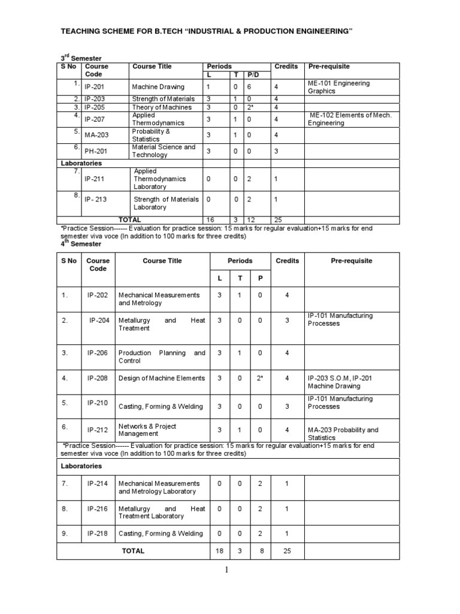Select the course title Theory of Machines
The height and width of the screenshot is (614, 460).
[162, 107]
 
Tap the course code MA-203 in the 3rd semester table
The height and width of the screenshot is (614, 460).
[96, 136]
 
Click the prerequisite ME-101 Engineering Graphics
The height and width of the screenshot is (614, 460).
[338, 88]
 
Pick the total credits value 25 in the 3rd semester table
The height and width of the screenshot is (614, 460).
[279, 220]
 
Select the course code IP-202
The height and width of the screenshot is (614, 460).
[98, 296]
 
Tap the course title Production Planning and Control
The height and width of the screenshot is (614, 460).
[162, 357]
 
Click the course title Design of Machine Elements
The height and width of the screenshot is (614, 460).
[162, 378]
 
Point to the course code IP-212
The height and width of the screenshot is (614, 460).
[98, 429]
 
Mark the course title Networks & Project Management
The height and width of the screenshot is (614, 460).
[147, 430]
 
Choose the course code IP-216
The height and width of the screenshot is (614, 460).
[98, 508]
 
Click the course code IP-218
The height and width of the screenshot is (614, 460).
[98, 534]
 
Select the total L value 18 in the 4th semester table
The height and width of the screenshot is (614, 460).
[220, 550]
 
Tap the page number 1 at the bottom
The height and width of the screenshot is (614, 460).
[227, 570]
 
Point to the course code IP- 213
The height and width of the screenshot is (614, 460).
[96, 200]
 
